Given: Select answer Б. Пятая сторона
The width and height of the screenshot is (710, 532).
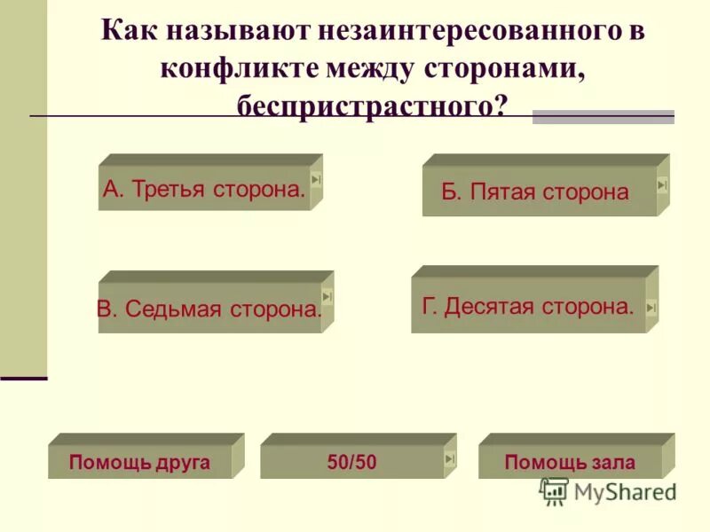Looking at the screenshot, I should tap(534, 192).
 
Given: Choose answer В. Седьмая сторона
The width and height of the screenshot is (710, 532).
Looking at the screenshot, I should tap(209, 309).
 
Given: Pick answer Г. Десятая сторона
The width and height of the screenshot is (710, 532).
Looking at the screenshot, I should tap(528, 307).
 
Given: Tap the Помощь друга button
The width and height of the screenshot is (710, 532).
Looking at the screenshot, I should tap(139, 462).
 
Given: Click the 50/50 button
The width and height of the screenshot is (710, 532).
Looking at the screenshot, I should tap(351, 462).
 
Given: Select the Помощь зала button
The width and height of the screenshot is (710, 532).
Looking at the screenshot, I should tap(570, 462).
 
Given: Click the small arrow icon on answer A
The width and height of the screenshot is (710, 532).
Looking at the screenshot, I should tap(316, 180).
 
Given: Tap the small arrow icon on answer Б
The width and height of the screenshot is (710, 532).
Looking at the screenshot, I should tap(662, 184).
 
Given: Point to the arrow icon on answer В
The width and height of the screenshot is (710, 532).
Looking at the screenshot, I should tap(327, 296).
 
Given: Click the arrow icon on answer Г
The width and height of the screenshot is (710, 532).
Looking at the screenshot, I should tap(651, 307).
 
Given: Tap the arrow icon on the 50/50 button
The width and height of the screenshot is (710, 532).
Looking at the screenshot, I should tap(449, 458).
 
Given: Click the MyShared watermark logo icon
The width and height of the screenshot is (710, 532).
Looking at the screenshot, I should tap(554, 490).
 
